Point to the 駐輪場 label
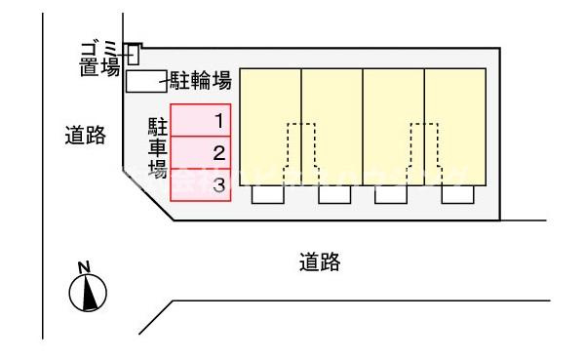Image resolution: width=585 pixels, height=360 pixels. point(201,81)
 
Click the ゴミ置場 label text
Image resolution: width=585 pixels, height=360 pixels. point(100,59)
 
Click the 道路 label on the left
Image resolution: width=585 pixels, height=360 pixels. point(85,137)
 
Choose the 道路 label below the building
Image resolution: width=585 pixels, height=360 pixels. point(319,261)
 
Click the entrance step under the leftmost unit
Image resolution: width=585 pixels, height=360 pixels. point(268,194)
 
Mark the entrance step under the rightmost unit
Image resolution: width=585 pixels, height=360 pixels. point(455,194)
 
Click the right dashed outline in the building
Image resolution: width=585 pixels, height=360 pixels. point(424,151)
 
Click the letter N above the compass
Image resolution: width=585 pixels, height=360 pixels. point(85,266)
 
